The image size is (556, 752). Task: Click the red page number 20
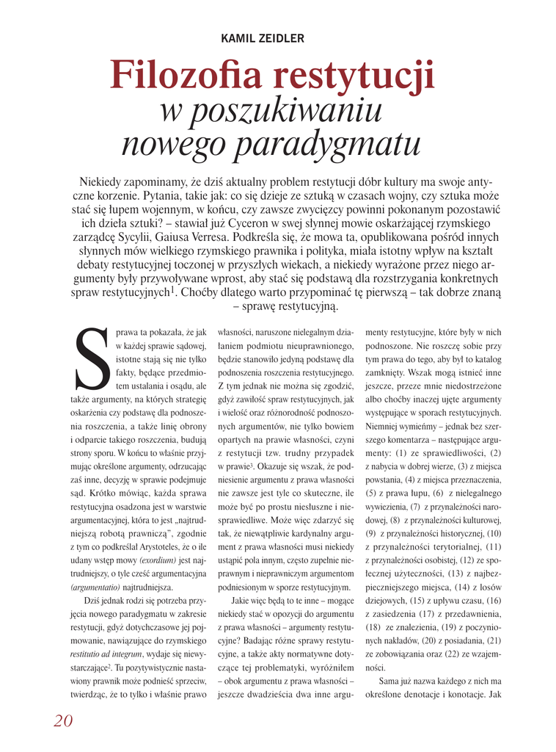pos(63,720)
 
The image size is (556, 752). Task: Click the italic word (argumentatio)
pos(95,587)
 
